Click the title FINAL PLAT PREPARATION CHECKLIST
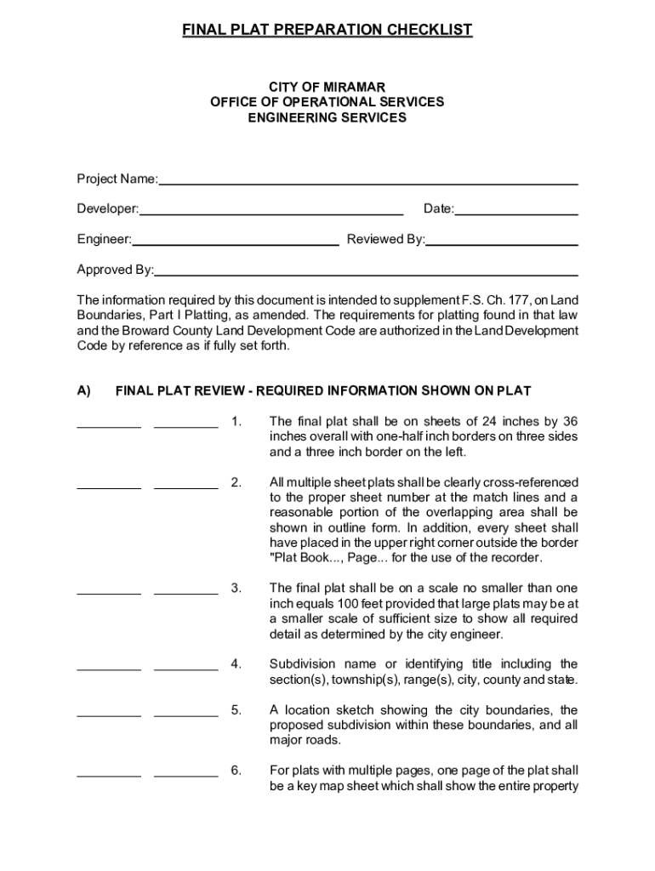(x=327, y=31)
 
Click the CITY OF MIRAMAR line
(x=327, y=87)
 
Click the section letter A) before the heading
(x=84, y=391)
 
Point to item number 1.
(x=236, y=421)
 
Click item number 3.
(x=236, y=589)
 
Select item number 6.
(x=236, y=771)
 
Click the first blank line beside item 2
(x=109, y=487)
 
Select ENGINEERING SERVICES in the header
(x=327, y=117)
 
